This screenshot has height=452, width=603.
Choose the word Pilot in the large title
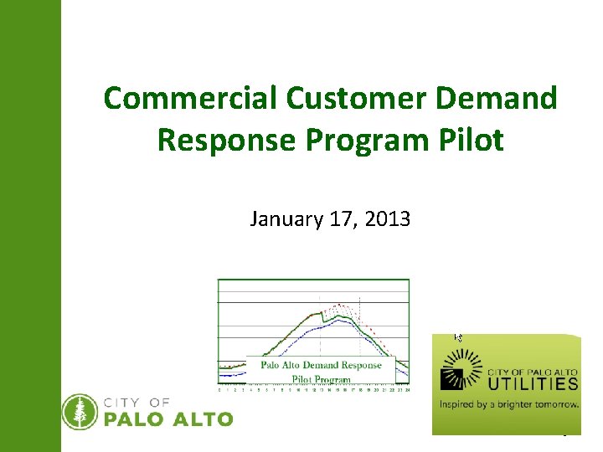(473, 140)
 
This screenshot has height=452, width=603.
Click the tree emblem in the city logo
(80, 411)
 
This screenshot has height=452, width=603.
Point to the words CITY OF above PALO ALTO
(137, 403)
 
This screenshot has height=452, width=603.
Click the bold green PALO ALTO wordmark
(167, 419)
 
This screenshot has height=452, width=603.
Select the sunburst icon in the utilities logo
(461, 371)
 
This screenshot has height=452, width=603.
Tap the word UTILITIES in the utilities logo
(533, 384)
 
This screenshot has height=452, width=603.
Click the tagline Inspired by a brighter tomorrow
(509, 403)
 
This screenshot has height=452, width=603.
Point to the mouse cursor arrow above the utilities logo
(457, 337)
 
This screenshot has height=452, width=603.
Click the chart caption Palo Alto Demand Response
(321, 365)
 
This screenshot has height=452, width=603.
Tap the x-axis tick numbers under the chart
(314, 389)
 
